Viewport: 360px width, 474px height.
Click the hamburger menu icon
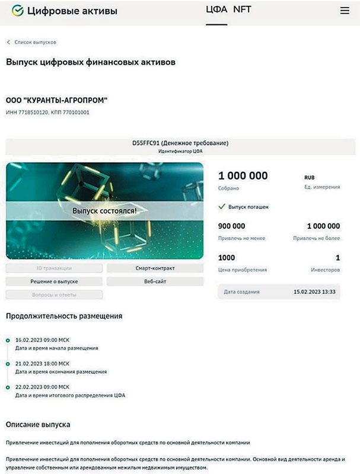[345, 11]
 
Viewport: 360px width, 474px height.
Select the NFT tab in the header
[242, 10]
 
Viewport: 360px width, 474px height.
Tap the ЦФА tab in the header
[216, 10]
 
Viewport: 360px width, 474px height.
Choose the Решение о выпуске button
[54, 281]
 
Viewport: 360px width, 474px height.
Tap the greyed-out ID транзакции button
[54, 268]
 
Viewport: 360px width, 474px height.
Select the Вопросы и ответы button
[54, 294]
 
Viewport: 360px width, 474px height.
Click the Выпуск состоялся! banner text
[104, 210]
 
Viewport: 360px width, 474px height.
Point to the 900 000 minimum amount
[232, 226]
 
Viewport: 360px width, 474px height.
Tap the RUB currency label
[310, 177]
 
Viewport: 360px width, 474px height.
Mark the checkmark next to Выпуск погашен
[222, 207]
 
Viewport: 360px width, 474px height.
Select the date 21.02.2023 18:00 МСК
[42, 363]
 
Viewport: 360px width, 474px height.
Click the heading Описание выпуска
[38, 425]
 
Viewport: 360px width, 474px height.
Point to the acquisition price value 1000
[227, 258]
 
